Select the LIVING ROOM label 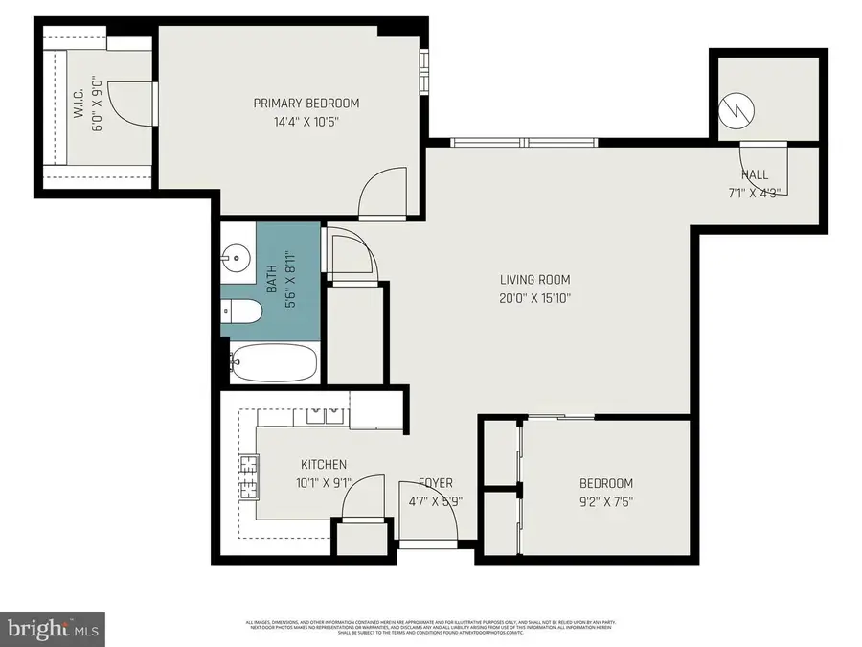535,280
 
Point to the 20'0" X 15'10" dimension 535,298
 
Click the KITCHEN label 322,465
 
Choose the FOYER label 436,483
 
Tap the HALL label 755,174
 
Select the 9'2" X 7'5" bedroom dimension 606,501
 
